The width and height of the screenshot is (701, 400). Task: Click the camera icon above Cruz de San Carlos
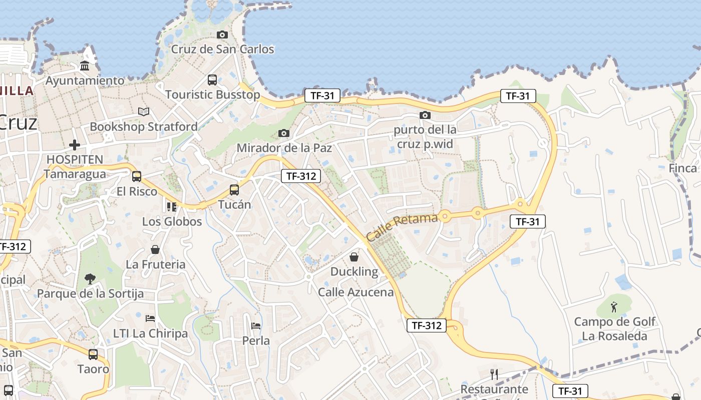click(x=222, y=34)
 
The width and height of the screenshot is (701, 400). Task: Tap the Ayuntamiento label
click(x=85, y=80)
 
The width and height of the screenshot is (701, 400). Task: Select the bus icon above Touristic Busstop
click(x=212, y=79)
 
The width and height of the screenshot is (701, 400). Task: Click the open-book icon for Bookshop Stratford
click(x=144, y=112)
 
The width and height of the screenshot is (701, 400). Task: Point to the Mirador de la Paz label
click(x=284, y=148)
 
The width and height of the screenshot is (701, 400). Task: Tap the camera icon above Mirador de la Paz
click(x=284, y=133)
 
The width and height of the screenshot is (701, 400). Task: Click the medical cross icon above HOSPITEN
click(x=75, y=145)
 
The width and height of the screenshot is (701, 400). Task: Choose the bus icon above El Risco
click(x=137, y=176)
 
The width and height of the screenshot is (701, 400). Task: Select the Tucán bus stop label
click(x=234, y=204)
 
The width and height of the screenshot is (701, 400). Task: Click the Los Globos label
click(x=172, y=221)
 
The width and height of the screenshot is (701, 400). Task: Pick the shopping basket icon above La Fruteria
click(x=155, y=249)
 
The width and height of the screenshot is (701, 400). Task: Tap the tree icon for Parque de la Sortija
click(x=90, y=278)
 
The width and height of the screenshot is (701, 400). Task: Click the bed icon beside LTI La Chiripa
click(x=150, y=318)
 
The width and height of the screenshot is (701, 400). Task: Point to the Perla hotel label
click(x=256, y=341)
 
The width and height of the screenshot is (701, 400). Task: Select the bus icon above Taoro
click(x=93, y=354)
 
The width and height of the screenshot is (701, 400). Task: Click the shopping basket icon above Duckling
click(x=354, y=257)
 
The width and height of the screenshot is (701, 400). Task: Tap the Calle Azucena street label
click(x=356, y=292)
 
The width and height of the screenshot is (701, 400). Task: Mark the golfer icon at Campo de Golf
click(x=614, y=306)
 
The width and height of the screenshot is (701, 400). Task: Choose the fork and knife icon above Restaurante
click(x=494, y=374)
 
